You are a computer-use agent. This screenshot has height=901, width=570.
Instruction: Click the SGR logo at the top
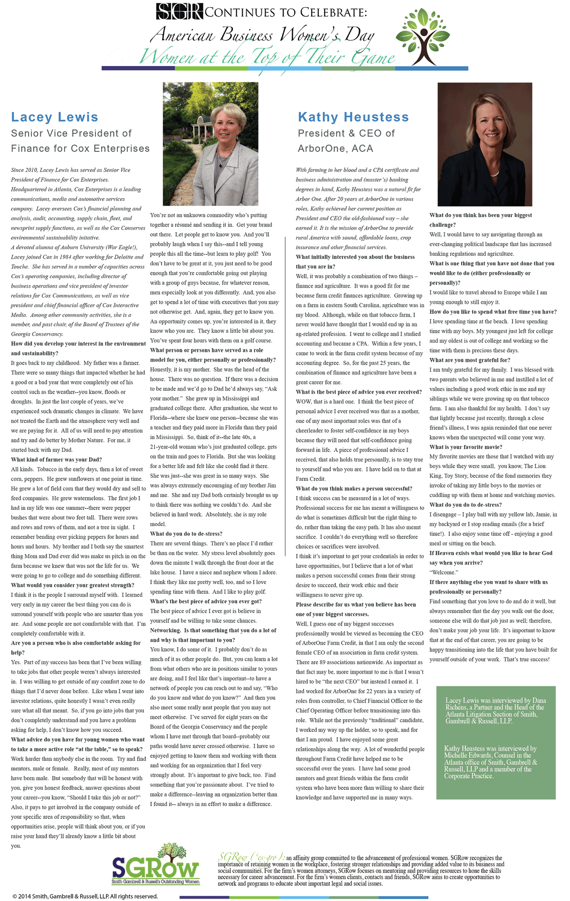click(180, 11)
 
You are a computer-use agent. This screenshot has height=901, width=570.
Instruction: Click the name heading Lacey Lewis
click(55, 117)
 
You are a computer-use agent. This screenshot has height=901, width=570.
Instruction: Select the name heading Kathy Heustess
click(353, 117)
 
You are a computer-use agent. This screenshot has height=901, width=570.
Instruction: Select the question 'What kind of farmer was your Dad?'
click(57, 460)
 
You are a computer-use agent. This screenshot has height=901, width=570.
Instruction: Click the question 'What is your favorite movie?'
click(465, 447)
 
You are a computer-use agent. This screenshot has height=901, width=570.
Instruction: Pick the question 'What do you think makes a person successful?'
click(354, 488)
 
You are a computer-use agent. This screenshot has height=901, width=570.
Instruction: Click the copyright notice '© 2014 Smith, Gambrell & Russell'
click(85, 896)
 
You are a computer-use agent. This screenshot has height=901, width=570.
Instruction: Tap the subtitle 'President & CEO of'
click(346, 133)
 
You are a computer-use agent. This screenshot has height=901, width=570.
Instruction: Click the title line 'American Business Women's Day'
click(262, 35)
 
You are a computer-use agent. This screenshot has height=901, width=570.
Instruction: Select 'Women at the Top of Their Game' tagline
click(267, 57)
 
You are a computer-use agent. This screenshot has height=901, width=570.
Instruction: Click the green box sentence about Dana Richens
click(495, 711)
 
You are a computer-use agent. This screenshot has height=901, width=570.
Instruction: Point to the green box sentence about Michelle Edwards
click(491, 762)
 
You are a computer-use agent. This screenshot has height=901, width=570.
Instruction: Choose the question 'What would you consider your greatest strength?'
click(73, 585)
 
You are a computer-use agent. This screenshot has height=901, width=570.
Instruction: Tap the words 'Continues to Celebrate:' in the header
click(286, 12)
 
